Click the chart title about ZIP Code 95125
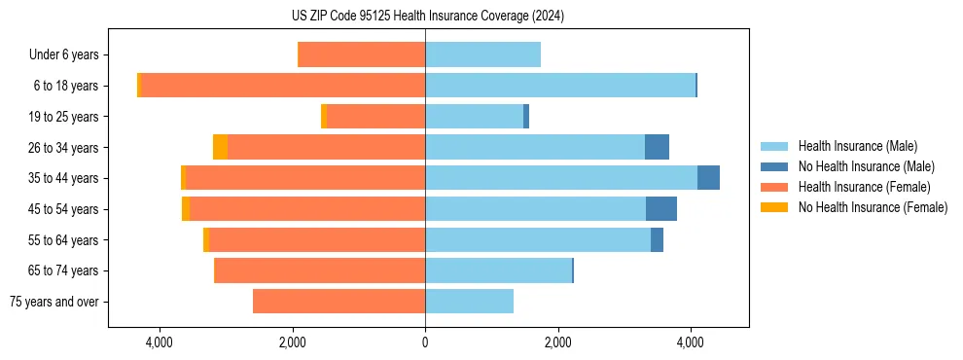click(x=427, y=17)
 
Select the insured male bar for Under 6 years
click(x=482, y=54)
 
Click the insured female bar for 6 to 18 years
click(x=283, y=86)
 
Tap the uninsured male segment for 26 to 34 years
click(x=657, y=147)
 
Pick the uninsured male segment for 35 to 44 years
click(x=708, y=178)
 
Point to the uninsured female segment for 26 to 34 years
click(x=220, y=147)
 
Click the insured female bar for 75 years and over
click(x=339, y=302)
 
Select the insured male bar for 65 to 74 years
click(x=498, y=270)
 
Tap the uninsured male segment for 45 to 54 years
click(x=660, y=209)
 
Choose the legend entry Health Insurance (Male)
click(x=857, y=146)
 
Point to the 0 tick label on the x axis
click(x=425, y=342)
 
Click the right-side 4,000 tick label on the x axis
click(x=691, y=342)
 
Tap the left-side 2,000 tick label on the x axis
click(x=292, y=342)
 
